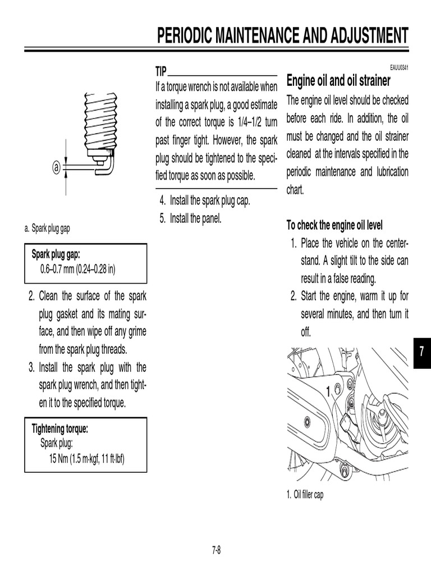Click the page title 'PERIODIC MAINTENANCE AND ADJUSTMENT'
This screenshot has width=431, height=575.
282,35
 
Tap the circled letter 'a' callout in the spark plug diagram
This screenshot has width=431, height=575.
56,167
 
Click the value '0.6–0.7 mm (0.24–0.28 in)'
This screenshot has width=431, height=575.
77,268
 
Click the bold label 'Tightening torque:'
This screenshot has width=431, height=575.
61,429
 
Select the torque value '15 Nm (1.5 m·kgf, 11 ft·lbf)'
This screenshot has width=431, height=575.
87,458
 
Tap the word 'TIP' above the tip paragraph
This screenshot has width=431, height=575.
161,71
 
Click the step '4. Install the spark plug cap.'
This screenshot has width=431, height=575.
204,200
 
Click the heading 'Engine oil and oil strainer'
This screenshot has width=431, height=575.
338,81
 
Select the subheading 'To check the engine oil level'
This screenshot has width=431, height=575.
334,225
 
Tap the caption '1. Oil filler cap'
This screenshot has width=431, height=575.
305,495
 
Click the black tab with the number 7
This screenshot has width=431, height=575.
422,352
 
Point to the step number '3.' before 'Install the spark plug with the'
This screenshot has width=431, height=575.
32,367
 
